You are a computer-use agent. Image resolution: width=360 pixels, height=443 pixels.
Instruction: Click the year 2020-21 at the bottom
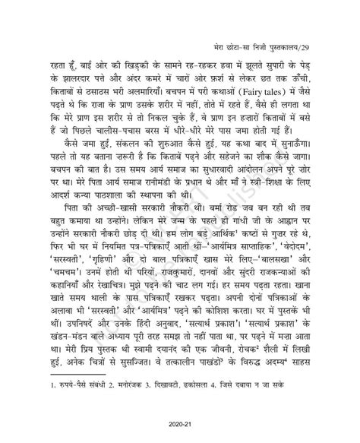pos(180,424)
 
